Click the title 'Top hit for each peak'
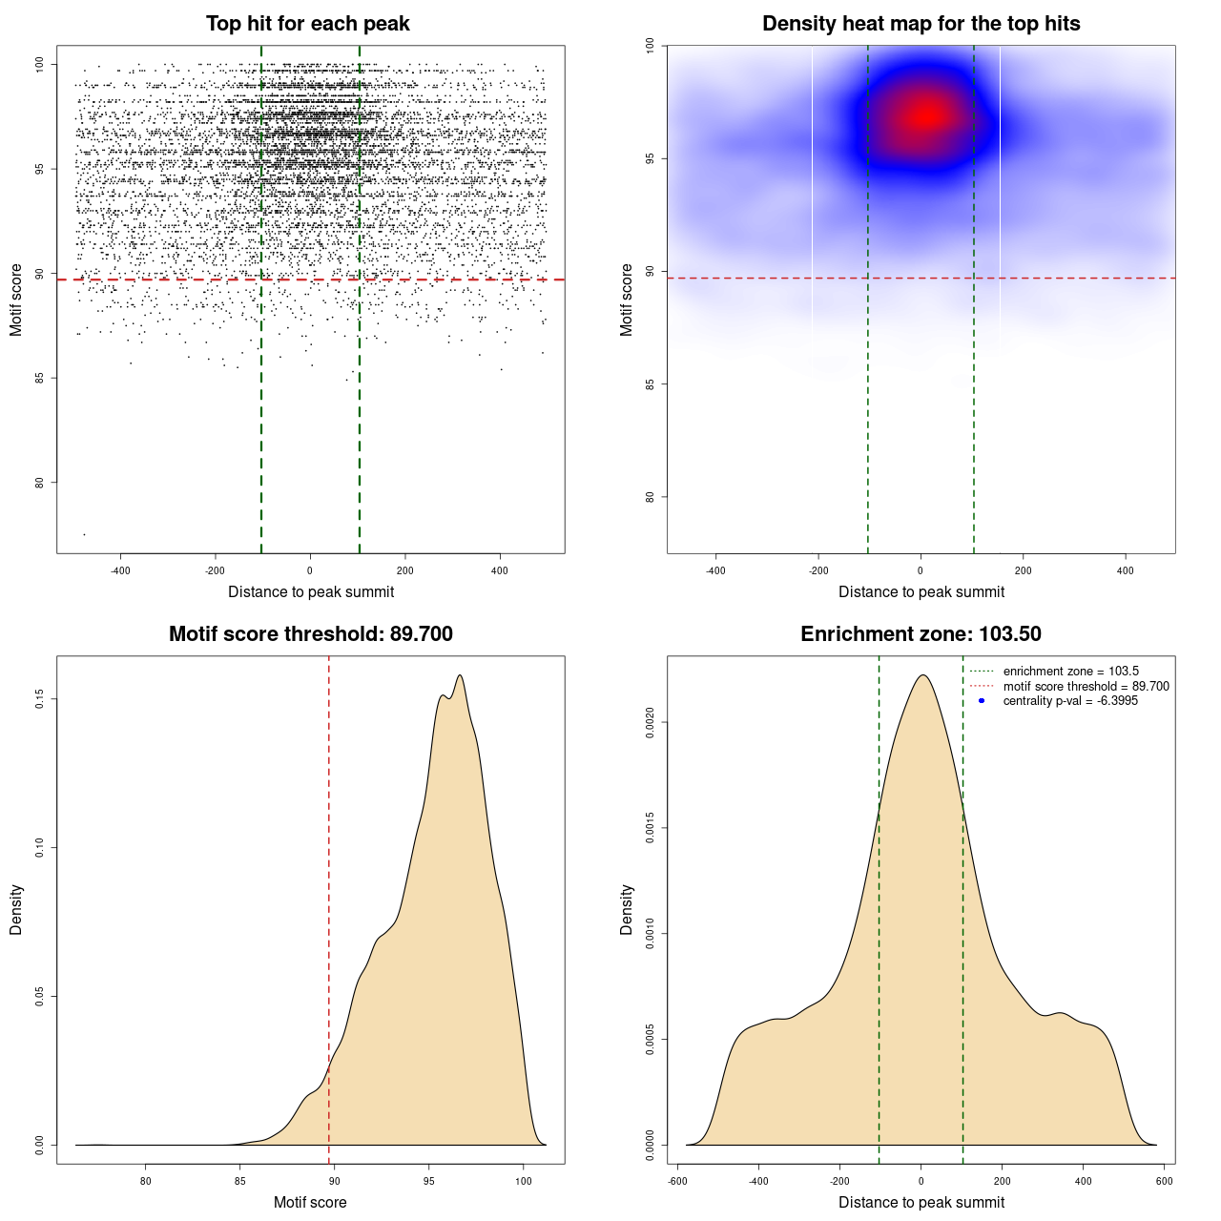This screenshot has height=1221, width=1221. (307, 24)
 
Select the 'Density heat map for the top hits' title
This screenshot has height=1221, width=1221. (921, 24)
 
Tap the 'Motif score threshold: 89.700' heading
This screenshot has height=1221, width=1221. (310, 634)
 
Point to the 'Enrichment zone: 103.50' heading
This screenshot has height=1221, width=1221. (921, 634)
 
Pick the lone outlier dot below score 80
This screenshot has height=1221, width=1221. (84, 534)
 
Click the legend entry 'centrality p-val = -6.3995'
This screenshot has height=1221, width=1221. (1070, 701)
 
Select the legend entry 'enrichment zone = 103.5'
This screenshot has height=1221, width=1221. (1070, 672)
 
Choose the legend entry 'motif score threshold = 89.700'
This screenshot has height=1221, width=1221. (1086, 687)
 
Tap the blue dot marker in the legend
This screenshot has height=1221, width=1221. (982, 701)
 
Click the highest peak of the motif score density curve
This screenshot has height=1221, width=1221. (461, 675)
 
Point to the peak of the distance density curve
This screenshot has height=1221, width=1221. (921, 675)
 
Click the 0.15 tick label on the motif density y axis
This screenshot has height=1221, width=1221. (39, 699)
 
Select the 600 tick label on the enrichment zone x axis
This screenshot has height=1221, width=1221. (1164, 1181)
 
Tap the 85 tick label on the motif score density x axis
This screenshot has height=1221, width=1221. (239, 1181)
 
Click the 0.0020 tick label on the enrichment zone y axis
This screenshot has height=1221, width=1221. (650, 723)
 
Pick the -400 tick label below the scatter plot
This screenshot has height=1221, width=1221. (120, 570)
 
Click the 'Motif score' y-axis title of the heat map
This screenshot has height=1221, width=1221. (626, 300)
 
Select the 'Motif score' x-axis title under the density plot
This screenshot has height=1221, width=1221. (310, 1202)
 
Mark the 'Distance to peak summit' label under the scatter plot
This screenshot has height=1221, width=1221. (311, 591)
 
